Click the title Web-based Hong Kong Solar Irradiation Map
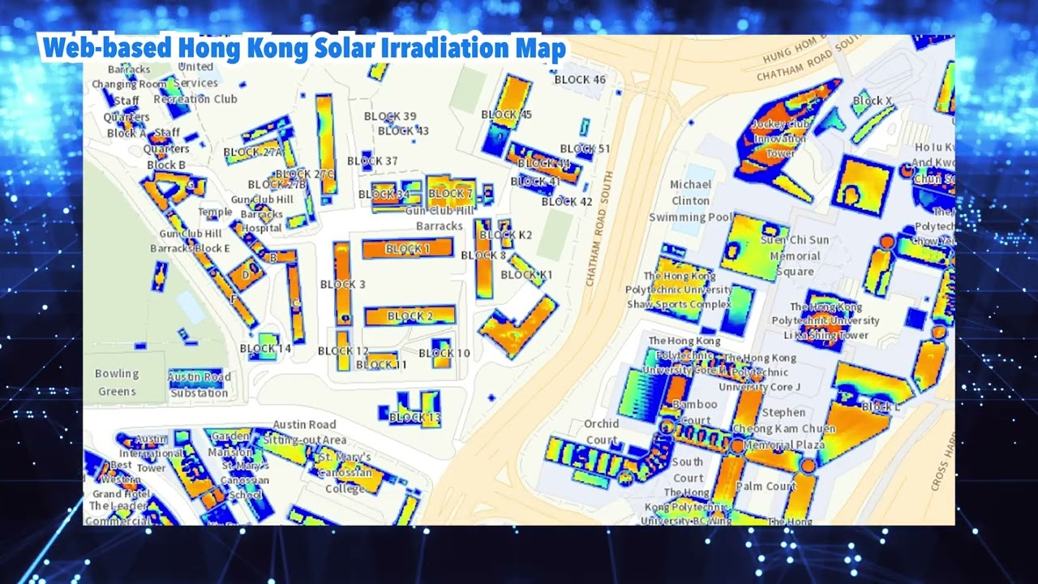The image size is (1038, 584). click(304, 49)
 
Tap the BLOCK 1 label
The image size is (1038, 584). click(408, 249)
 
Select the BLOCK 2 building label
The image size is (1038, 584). click(410, 316)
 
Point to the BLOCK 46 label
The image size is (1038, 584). click(580, 79)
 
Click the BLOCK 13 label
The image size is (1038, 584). click(414, 418)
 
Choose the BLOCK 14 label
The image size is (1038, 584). click(265, 349)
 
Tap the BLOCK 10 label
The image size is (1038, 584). click(444, 353)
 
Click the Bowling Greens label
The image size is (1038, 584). click(117, 383)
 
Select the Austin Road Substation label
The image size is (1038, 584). click(199, 385)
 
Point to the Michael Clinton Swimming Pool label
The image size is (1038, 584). click(690, 201)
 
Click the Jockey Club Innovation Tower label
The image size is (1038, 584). click(780, 139)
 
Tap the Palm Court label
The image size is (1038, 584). click(766, 486)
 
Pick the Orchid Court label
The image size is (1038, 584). click(602, 432)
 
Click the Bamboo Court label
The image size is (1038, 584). click(695, 412)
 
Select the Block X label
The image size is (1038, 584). click(873, 101)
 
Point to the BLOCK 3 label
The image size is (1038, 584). click(342, 284)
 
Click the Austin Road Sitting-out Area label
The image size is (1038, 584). click(304, 432)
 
